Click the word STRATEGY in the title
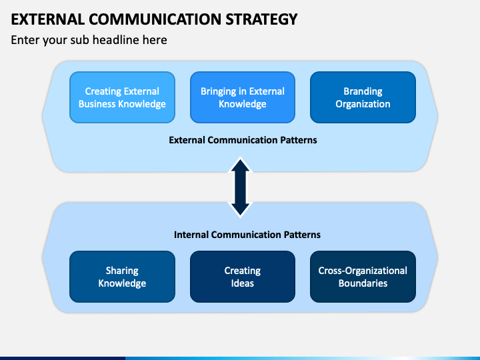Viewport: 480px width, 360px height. click(261, 19)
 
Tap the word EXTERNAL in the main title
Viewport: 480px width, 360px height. click(48, 19)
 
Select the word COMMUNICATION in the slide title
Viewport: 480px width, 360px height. click(155, 19)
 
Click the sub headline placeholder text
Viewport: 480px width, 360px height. click(89, 40)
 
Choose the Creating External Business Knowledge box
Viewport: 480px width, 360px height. click(122, 97)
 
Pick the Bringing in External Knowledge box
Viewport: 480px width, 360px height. click(243, 97)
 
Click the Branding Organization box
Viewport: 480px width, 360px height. click(363, 97)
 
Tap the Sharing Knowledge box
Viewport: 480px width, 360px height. click(122, 277)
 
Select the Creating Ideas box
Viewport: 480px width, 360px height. click(243, 277)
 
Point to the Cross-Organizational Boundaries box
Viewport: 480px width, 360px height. click(363, 277)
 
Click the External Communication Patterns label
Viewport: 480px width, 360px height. click(243, 140)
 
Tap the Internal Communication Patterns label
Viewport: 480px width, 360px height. click(247, 235)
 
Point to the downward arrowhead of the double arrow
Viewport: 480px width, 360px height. click(240, 209)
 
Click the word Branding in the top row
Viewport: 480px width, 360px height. click(363, 91)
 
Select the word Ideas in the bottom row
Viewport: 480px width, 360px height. click(243, 283)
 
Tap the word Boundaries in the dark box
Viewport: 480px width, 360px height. click(363, 283)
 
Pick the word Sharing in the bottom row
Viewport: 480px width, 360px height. click(122, 271)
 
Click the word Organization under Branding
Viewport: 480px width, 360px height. click(363, 104)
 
